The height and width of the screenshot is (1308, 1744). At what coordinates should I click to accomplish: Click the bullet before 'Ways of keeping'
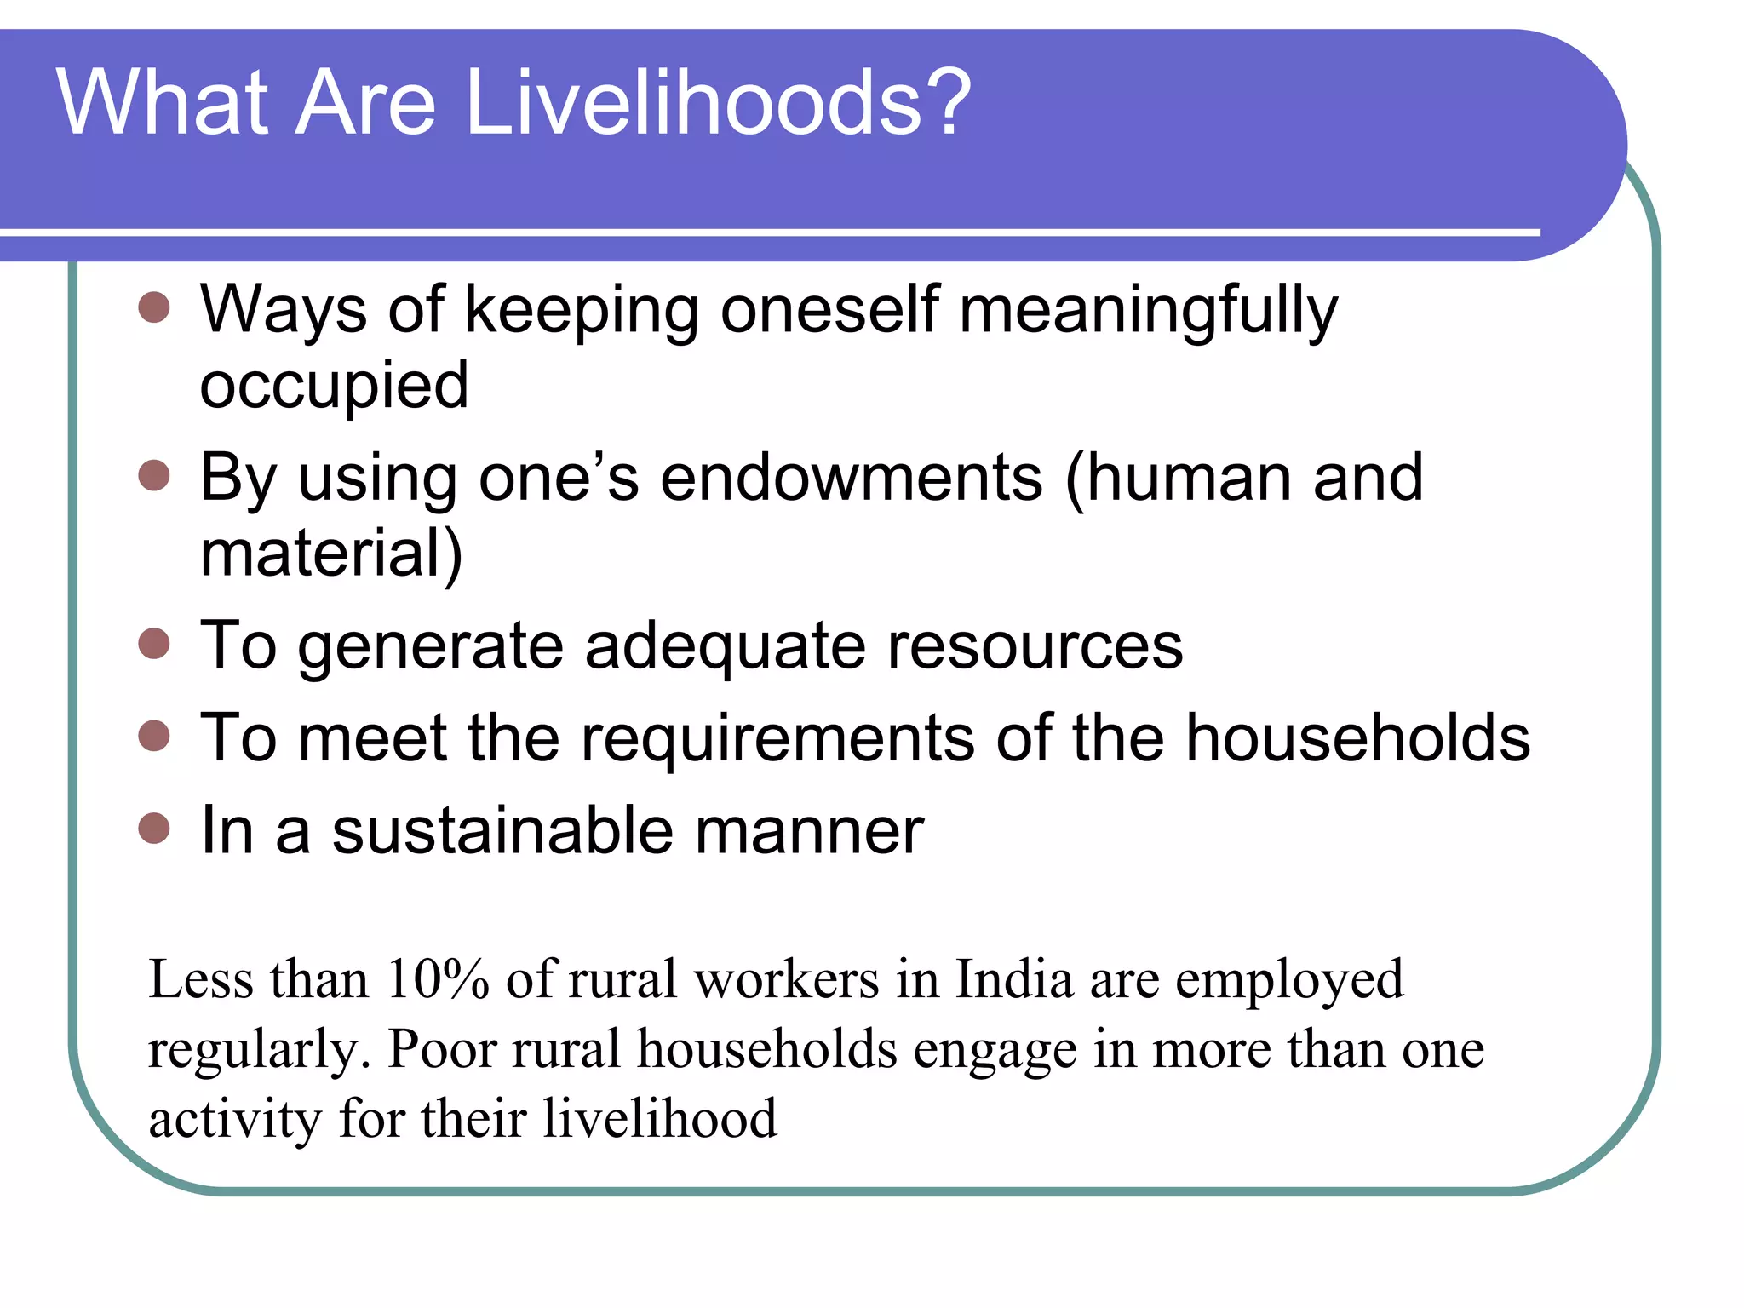(154, 307)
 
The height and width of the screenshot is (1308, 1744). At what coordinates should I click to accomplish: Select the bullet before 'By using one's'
(154, 475)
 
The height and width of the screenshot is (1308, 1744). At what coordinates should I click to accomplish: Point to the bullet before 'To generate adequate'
(154, 644)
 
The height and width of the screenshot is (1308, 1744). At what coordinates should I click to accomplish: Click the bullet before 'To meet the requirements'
(154, 736)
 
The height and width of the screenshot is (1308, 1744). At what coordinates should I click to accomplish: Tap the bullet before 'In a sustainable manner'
(154, 828)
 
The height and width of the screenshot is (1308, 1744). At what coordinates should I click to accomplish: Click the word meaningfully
(1149, 311)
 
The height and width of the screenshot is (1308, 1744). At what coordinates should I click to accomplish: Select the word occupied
(334, 386)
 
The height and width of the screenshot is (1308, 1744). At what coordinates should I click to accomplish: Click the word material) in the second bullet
(331, 554)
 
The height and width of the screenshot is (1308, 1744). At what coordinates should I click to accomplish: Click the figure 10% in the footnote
(438, 979)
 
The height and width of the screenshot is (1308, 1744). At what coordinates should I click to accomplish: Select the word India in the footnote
(1013, 979)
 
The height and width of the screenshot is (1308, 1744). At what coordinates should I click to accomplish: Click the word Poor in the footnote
(442, 1049)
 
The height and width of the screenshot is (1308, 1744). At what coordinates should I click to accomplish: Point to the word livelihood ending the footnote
(660, 1118)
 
